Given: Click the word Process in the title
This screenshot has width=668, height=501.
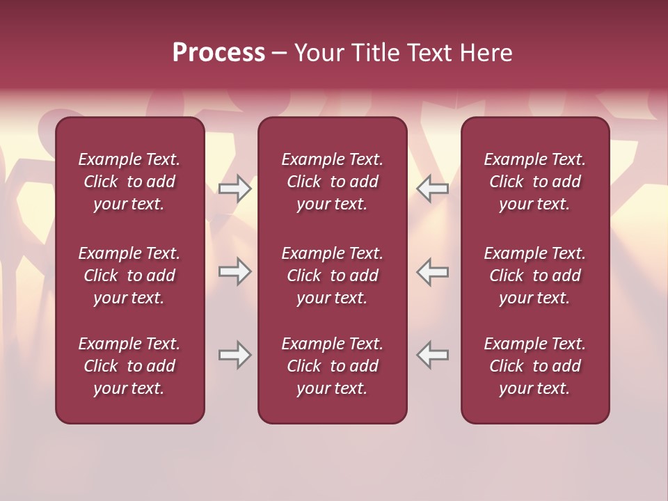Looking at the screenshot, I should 218,53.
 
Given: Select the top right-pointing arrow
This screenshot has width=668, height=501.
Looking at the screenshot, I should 235,189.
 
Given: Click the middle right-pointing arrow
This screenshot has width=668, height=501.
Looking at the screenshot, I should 235,271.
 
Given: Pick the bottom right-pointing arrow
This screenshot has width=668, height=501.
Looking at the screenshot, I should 235,355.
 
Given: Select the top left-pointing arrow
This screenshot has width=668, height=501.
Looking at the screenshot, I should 432,189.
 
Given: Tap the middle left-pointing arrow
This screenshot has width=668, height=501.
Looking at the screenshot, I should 432,271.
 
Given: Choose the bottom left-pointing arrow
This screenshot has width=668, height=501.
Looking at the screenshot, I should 432,355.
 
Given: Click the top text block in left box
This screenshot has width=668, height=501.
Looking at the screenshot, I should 129,182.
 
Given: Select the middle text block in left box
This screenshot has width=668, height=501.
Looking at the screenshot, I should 129,276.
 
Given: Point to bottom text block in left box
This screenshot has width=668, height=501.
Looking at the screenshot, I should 129,366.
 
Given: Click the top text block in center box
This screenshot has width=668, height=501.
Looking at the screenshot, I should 332,182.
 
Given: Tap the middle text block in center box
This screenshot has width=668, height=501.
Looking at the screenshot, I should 332,276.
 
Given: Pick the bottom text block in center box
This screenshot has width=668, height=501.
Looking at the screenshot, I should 332,366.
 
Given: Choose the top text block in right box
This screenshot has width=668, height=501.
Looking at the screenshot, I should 534,182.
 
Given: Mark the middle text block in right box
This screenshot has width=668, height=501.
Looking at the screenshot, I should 534,276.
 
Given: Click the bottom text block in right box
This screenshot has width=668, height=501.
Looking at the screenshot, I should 534,366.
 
